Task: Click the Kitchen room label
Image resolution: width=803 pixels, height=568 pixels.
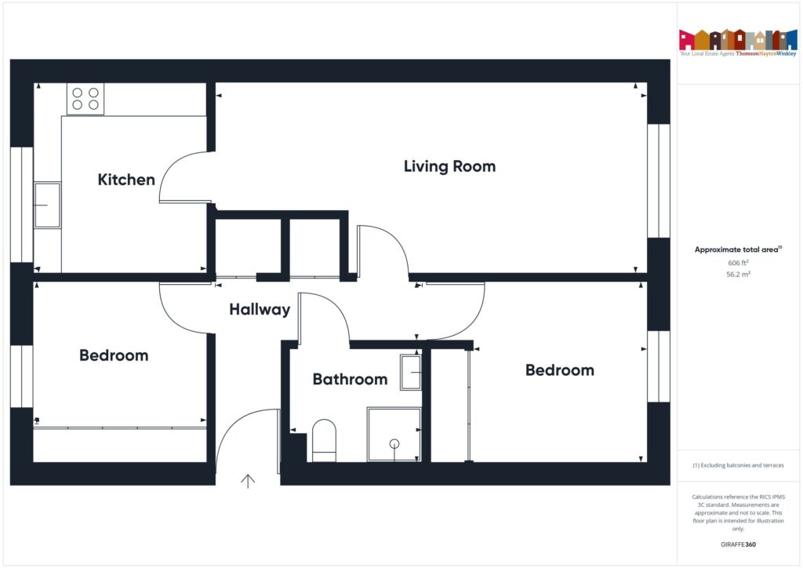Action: coord(126,180)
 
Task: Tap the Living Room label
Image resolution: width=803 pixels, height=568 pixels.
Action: coord(449,166)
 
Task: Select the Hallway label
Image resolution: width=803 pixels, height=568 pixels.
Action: coord(260,310)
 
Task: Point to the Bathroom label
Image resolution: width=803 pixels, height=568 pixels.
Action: coord(350,380)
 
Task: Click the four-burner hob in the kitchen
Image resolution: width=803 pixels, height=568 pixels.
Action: coord(85,98)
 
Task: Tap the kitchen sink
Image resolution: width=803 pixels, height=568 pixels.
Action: coord(48,205)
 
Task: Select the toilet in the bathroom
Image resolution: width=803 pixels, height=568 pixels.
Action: coord(324,439)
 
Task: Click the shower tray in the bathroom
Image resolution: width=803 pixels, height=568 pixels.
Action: coord(394,434)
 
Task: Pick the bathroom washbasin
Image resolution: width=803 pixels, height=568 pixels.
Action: coord(411,372)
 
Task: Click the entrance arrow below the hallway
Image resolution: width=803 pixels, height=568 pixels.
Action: coord(249,481)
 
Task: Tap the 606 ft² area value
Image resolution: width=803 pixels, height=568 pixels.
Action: coord(737,263)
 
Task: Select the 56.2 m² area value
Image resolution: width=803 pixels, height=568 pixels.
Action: coord(737,275)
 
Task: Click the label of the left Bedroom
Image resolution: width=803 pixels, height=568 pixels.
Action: coord(114,355)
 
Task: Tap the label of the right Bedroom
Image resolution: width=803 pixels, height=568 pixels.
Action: coord(559,370)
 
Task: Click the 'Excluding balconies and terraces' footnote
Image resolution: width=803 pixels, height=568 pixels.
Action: coord(738,465)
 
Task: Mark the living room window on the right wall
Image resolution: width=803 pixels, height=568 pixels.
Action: coord(659,180)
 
